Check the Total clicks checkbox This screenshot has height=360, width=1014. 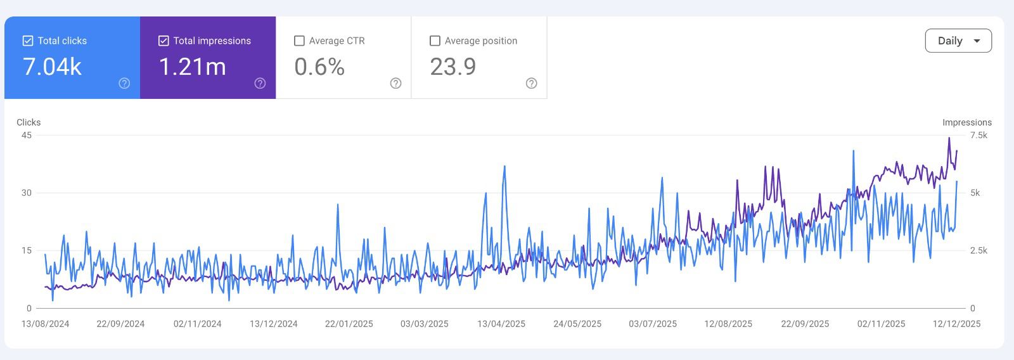tap(28, 41)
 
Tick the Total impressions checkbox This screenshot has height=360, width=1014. tap(164, 41)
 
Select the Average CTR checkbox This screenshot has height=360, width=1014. tap(300, 41)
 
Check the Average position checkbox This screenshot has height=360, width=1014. tap(435, 41)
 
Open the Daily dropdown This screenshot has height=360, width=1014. tap(958, 41)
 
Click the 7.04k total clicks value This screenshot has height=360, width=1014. tap(53, 67)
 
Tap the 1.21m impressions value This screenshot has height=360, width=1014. tap(193, 67)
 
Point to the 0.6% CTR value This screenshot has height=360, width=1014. tap(319, 67)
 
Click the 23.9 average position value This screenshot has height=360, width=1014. tap(453, 67)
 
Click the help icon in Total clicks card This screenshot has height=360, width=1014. tap(124, 83)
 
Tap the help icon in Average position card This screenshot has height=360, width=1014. tap(532, 83)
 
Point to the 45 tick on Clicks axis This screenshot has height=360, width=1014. tap(27, 135)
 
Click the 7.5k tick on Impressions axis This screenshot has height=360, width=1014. tap(979, 135)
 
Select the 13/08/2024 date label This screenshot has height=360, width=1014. tap(46, 324)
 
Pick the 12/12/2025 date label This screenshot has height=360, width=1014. tap(956, 324)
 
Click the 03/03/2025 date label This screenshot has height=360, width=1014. tap(425, 324)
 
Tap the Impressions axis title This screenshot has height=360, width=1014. tap(966, 122)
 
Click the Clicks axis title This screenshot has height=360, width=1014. tap(29, 122)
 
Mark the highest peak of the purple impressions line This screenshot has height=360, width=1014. tap(949, 138)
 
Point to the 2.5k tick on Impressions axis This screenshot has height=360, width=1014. tap(979, 250)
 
